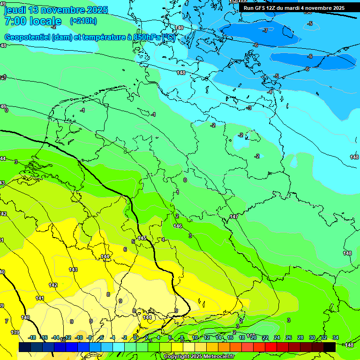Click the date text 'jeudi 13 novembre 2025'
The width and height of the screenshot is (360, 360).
click(56, 10)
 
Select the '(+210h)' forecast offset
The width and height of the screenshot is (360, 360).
click(83, 21)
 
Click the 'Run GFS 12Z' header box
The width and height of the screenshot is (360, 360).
click(294, 8)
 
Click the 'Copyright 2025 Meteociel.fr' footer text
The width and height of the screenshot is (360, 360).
click(199, 356)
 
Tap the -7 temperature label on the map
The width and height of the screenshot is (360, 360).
click(265, 30)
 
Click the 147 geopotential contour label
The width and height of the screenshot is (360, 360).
click(234, 217)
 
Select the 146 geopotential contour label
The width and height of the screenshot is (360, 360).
click(178, 226)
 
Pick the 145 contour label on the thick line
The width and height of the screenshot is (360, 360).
click(142, 239)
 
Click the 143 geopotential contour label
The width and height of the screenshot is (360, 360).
click(73, 270)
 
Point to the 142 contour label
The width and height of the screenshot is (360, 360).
click(53, 285)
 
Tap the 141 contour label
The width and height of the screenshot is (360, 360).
click(40, 298)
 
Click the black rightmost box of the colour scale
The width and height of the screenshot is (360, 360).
click(330, 346)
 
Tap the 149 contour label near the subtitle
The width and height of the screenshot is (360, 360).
click(180, 28)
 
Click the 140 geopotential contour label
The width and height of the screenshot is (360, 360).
click(25, 317)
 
